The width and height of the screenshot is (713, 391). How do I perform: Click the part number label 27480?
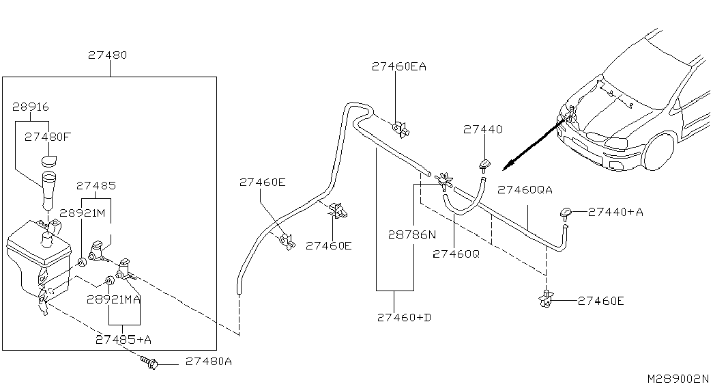(107, 55)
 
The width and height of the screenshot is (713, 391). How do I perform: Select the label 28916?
(31, 107)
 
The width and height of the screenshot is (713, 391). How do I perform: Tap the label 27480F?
(48, 137)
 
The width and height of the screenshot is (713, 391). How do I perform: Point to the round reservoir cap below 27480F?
(48, 161)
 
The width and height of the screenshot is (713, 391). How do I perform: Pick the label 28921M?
(83, 213)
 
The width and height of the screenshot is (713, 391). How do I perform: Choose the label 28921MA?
(114, 299)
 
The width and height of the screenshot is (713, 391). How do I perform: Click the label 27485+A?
(123, 340)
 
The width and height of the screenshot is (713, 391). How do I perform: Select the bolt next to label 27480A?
(149, 362)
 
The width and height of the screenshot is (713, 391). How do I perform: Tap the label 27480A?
(209, 362)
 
